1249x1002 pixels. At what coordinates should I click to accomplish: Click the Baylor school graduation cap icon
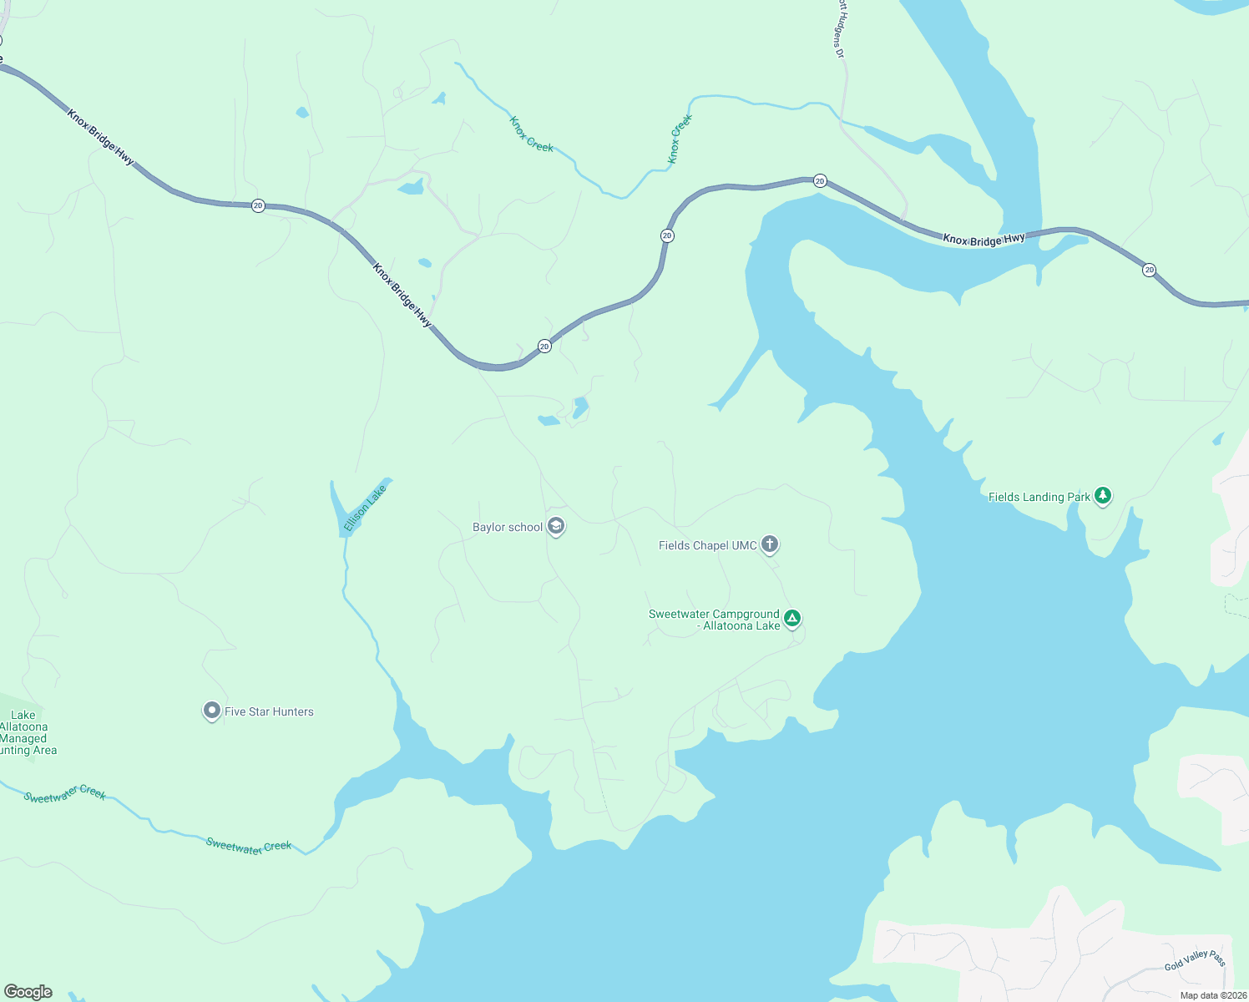coord(556,526)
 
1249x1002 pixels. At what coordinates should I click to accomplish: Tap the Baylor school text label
coord(508,528)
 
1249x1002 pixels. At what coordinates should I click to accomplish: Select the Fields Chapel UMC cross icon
coord(770,544)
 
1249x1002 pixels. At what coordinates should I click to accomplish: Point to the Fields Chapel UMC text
coord(707,546)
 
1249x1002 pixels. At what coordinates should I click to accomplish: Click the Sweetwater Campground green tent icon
coord(792,619)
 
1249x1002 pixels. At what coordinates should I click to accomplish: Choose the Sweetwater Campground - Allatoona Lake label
coord(714,620)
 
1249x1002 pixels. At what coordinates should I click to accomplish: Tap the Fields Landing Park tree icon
coord(1103,496)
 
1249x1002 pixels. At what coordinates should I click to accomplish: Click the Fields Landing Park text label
coord(1039,498)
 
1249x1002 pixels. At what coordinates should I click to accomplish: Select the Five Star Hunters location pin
coord(211,711)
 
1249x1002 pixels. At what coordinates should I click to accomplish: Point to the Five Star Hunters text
coord(269,712)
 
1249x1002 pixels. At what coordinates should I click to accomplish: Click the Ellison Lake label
coord(365,509)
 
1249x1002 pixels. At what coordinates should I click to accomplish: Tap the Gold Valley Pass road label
coord(1195,960)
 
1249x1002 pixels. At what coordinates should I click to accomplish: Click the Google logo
coord(28,992)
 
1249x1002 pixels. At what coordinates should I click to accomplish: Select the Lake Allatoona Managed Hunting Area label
coord(25,733)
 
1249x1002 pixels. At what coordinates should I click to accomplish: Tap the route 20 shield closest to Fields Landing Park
coord(1149,270)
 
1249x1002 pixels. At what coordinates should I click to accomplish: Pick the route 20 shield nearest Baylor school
coord(544,346)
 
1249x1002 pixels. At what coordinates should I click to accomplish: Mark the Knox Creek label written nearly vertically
coord(680,139)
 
